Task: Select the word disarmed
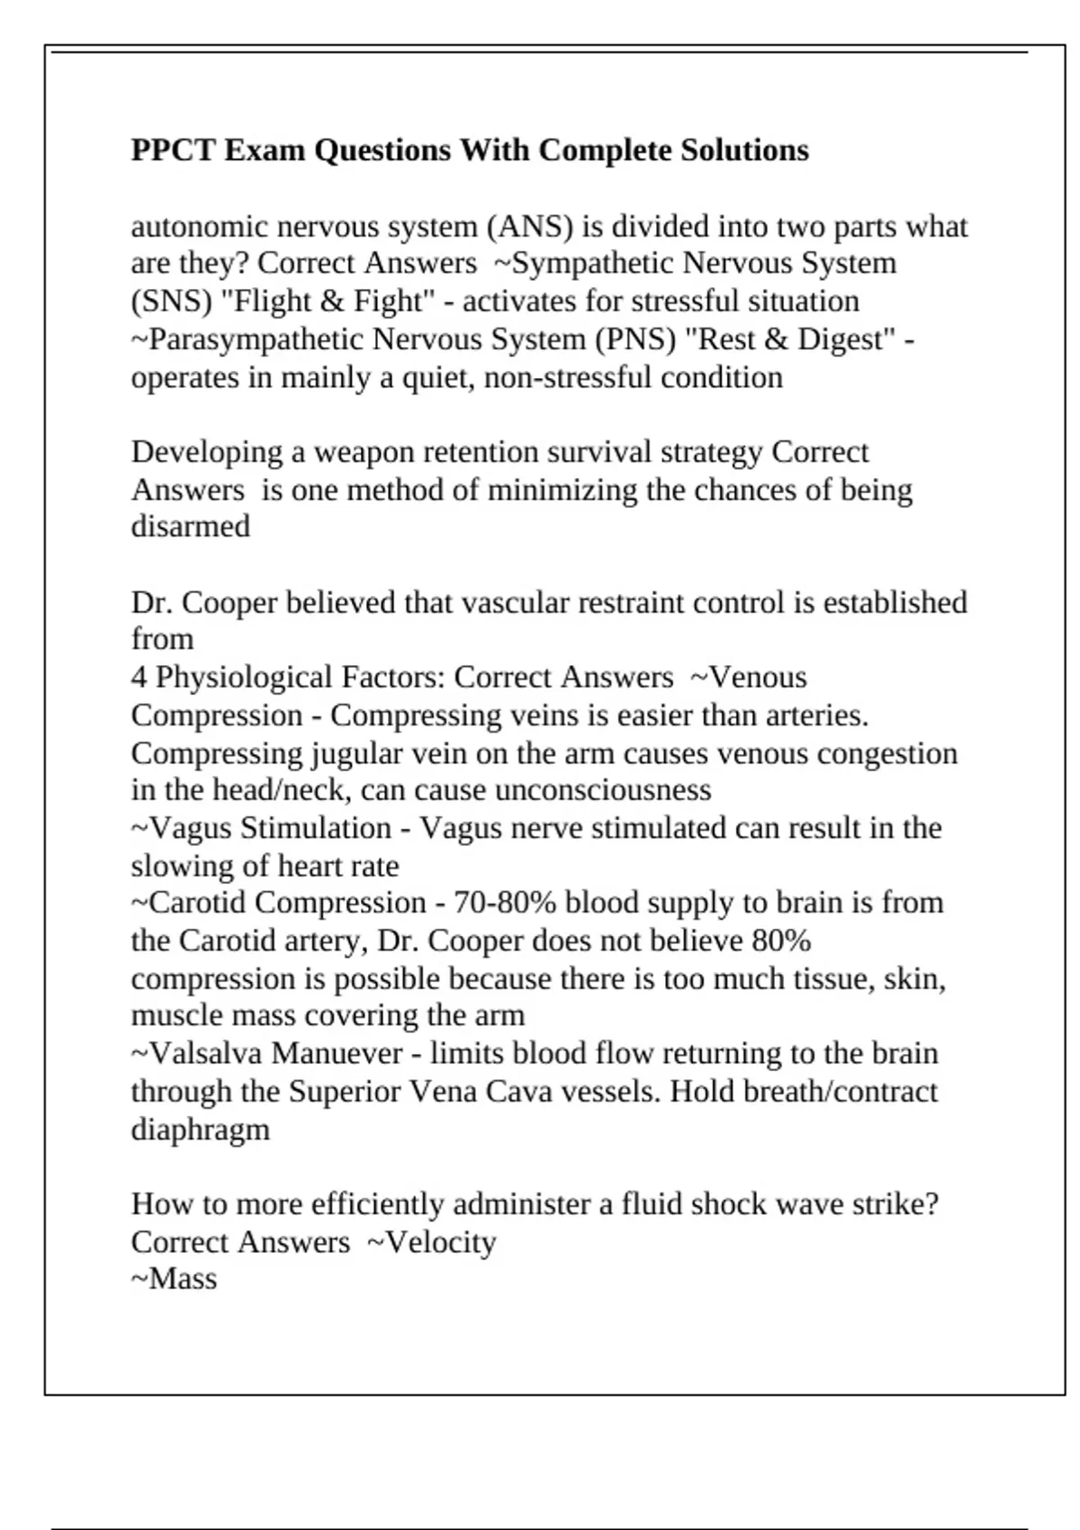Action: (x=191, y=526)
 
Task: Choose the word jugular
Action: (x=357, y=752)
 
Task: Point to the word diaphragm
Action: (x=200, y=1129)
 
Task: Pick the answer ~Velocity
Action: (x=432, y=1242)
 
